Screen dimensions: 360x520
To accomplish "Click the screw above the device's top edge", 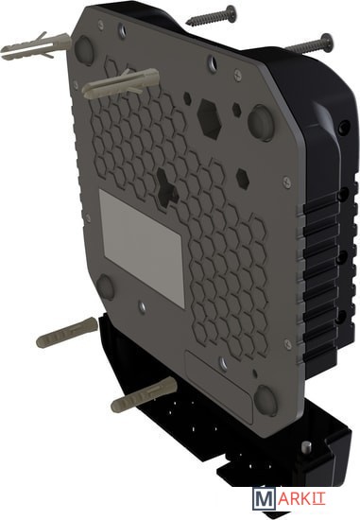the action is tap(212, 14).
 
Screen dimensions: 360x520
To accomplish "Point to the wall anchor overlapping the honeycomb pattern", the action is tap(121, 83).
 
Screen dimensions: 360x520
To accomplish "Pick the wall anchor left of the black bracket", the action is tap(67, 332).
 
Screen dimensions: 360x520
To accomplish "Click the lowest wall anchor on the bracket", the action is tap(144, 393).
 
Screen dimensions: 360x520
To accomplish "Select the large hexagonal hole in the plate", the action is tap(209, 119).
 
